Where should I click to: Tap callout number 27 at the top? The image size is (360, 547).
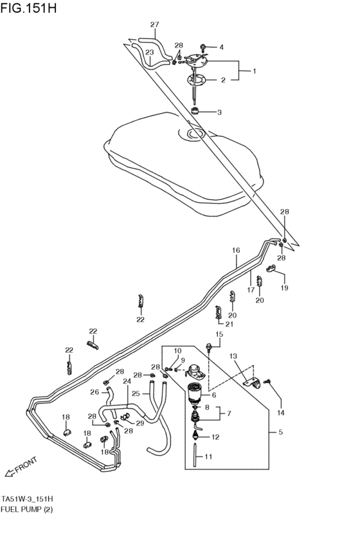click(154, 25)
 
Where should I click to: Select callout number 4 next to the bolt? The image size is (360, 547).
click(222, 47)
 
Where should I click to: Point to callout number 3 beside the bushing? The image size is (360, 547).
click(219, 112)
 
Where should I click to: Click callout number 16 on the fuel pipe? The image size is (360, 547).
click(236, 249)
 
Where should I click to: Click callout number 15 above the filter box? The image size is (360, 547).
click(219, 334)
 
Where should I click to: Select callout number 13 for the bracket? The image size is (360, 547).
click(233, 356)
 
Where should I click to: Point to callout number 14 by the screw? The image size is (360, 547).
click(280, 412)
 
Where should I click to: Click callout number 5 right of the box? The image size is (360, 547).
click(280, 433)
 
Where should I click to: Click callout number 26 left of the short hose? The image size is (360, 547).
click(94, 392)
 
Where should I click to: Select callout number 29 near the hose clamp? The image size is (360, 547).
click(139, 423)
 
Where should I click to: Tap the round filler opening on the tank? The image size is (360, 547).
click(195, 134)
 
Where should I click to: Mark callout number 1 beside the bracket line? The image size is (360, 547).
click(253, 71)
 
